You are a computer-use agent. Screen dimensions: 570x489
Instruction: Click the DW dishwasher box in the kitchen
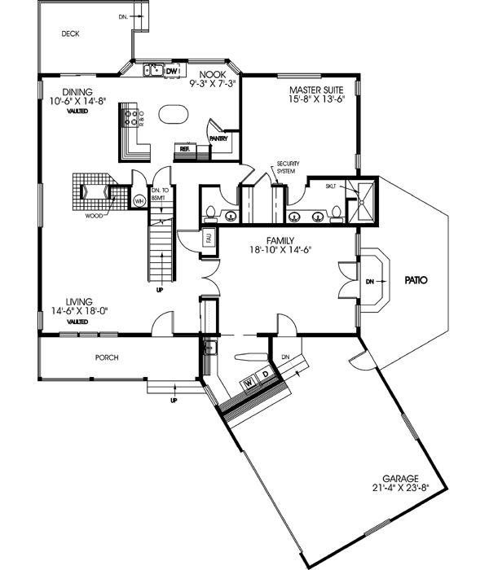point(171,72)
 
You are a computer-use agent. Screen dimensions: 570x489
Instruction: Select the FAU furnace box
point(185,239)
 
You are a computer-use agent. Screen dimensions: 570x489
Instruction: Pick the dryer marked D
point(265,375)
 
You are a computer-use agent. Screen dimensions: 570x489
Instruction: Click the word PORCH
point(107,356)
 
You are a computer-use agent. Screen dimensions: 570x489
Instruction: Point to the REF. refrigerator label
point(184,149)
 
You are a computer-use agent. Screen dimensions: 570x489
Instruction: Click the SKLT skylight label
point(331,186)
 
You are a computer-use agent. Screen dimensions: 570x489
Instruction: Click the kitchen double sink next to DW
point(152,71)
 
